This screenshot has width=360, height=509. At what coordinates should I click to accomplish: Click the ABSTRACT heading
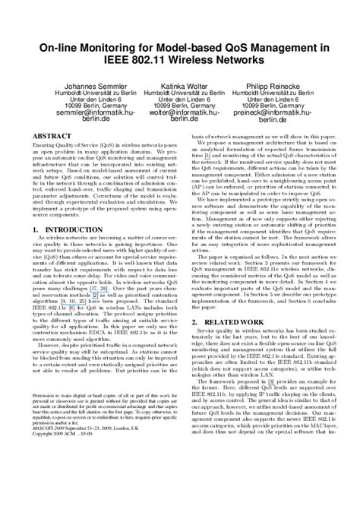(49, 133)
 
